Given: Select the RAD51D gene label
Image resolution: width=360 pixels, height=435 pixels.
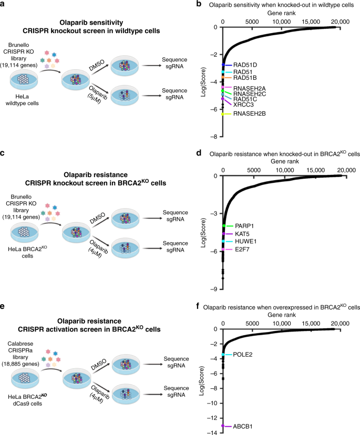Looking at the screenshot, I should coord(244,65).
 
